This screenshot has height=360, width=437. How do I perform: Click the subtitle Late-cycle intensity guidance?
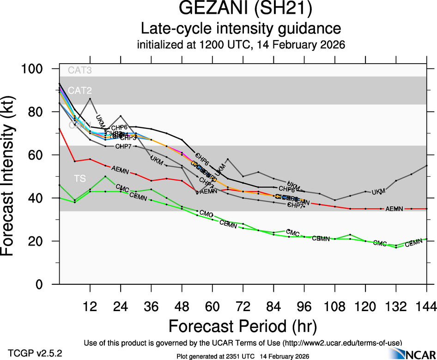tap(241, 29)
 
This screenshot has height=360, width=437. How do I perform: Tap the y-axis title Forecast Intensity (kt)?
tap(12, 176)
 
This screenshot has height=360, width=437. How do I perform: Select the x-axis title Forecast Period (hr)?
tap(243, 326)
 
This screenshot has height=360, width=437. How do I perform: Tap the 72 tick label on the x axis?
tap(243, 306)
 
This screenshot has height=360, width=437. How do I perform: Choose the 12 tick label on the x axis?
tap(90, 306)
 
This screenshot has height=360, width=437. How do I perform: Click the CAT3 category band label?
tap(79, 71)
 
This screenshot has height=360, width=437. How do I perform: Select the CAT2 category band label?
tap(79, 90)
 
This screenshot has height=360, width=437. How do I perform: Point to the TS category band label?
tap(79, 178)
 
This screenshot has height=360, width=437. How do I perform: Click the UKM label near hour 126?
tap(378, 191)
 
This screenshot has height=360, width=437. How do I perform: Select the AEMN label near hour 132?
tap(394, 209)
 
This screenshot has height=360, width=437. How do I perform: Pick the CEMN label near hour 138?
tap(413, 243)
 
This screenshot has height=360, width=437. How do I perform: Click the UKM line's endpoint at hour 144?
tap(426, 165)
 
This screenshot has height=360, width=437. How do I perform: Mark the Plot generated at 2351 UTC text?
tap(243, 356)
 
